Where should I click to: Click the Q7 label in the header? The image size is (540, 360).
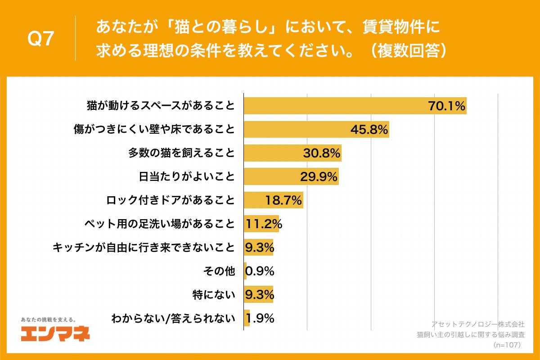click(x=41, y=39)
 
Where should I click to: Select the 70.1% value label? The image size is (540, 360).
click(x=446, y=107)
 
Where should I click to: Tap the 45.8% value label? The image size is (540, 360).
click(x=369, y=130)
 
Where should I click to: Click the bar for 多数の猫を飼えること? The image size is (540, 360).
click(x=292, y=153)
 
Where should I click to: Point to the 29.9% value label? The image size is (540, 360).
click(x=319, y=177)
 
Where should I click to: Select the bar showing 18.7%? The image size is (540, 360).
click(x=273, y=200)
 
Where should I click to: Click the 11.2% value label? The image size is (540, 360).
click(x=263, y=224)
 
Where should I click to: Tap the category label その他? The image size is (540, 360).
click(x=220, y=271)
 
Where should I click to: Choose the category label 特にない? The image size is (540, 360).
click(x=214, y=295)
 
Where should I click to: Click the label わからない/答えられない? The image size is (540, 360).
click(x=173, y=319)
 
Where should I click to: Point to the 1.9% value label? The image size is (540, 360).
click(x=260, y=319)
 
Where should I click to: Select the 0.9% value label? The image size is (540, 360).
click(x=260, y=271)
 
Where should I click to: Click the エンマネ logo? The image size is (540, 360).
click(x=55, y=333)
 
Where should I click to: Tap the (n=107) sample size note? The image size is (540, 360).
click(x=507, y=345)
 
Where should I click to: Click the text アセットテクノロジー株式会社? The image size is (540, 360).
click(x=478, y=324)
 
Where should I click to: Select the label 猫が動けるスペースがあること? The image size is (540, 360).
click(x=161, y=107)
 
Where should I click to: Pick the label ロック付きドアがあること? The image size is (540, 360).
click(x=171, y=200)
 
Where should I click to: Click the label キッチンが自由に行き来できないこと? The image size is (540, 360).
click(x=144, y=247)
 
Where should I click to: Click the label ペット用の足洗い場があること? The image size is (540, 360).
click(x=160, y=224)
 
